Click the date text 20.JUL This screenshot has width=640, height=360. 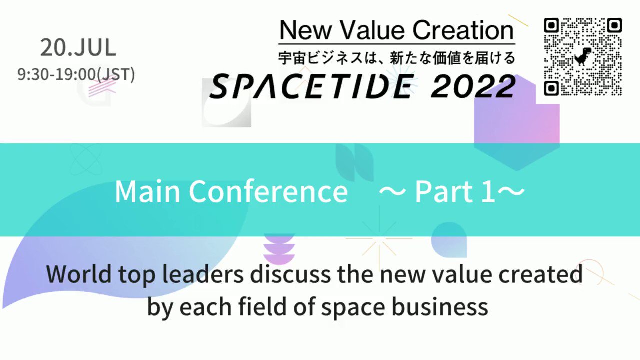[x=78, y=48]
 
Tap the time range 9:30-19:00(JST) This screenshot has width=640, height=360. [x=76, y=74]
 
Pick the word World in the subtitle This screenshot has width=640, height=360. [x=76, y=274]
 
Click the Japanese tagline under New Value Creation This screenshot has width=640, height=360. [x=396, y=58]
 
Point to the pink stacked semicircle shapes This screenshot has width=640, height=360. [x=279, y=250]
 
